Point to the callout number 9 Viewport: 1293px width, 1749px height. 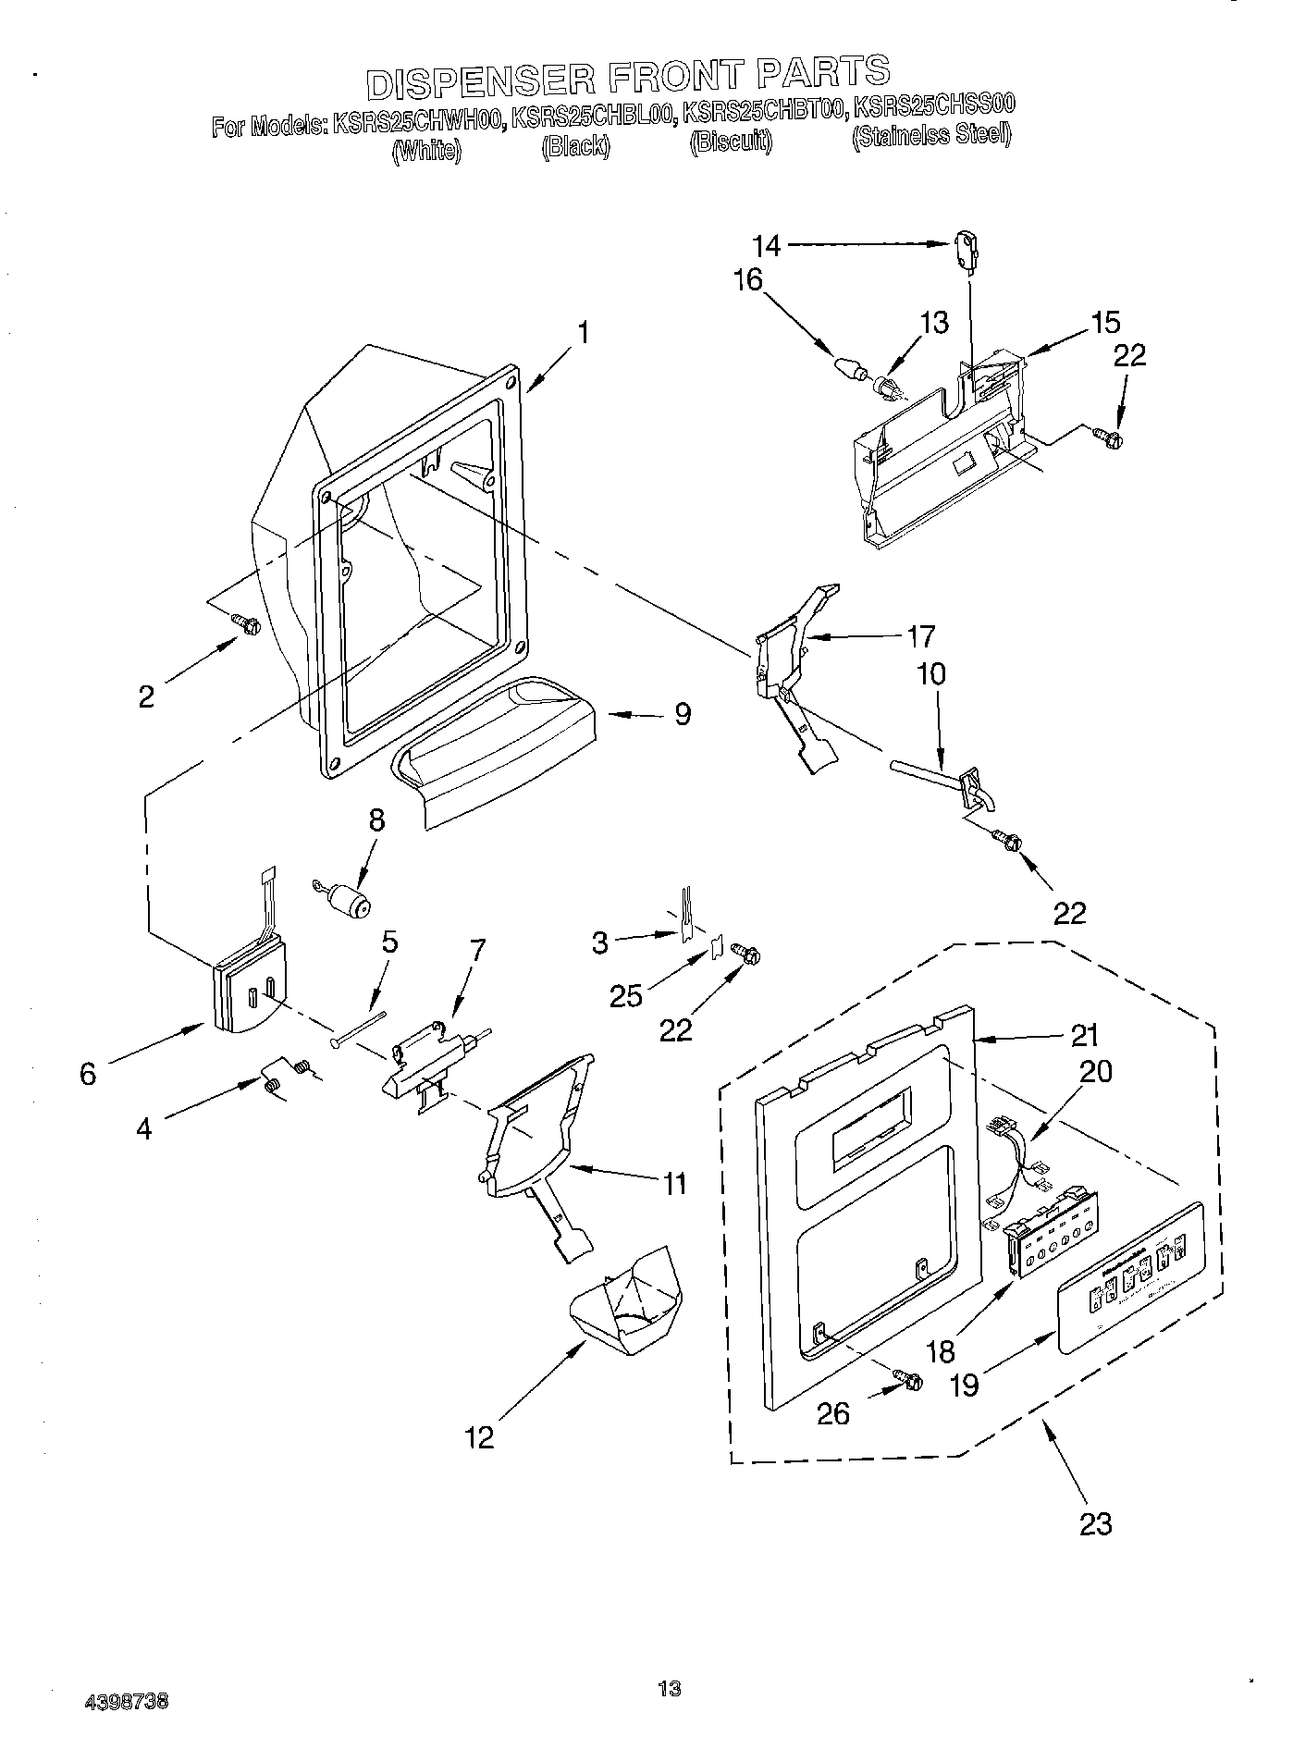coord(682,714)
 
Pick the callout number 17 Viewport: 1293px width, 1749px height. coord(921,636)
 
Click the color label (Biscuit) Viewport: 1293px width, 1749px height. coord(731,144)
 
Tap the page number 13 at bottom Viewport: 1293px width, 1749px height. coord(670,1689)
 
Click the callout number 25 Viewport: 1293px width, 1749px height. coord(626,995)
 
